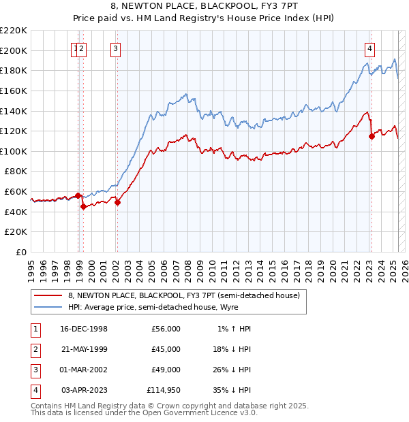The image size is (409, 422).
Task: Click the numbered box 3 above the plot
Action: [x=117, y=48]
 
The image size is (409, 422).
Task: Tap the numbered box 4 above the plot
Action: [x=369, y=48]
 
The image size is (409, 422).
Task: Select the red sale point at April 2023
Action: [x=372, y=136]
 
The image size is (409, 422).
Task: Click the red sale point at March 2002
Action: [x=117, y=202]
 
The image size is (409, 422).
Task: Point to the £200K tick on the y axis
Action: [x=14, y=50]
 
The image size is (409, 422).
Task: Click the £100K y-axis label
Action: [x=14, y=151]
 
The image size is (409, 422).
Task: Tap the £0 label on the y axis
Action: [x=21, y=252]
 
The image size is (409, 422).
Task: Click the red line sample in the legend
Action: [x=48, y=295]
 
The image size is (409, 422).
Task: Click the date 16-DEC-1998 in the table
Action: [x=85, y=329]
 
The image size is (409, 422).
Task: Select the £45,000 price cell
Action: [x=166, y=349]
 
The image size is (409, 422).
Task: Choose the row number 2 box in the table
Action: [x=33, y=349]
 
